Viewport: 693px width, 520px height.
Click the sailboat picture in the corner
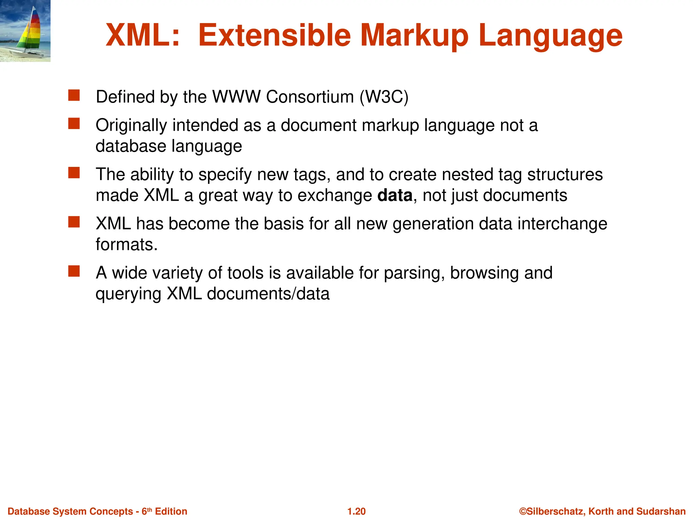25,31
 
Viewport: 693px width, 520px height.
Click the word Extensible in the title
274,35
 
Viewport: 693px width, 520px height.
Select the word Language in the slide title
550,36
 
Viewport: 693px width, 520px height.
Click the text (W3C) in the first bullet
384,97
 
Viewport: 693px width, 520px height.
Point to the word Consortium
310,97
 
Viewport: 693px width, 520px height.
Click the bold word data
395,195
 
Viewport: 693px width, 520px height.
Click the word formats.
127,244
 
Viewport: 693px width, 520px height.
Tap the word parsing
414,273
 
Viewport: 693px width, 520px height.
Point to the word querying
128,294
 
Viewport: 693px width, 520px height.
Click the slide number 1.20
356,511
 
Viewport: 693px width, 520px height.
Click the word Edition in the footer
171,511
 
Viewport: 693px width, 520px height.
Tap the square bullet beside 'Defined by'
74,95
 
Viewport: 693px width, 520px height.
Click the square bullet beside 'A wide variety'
74,271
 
